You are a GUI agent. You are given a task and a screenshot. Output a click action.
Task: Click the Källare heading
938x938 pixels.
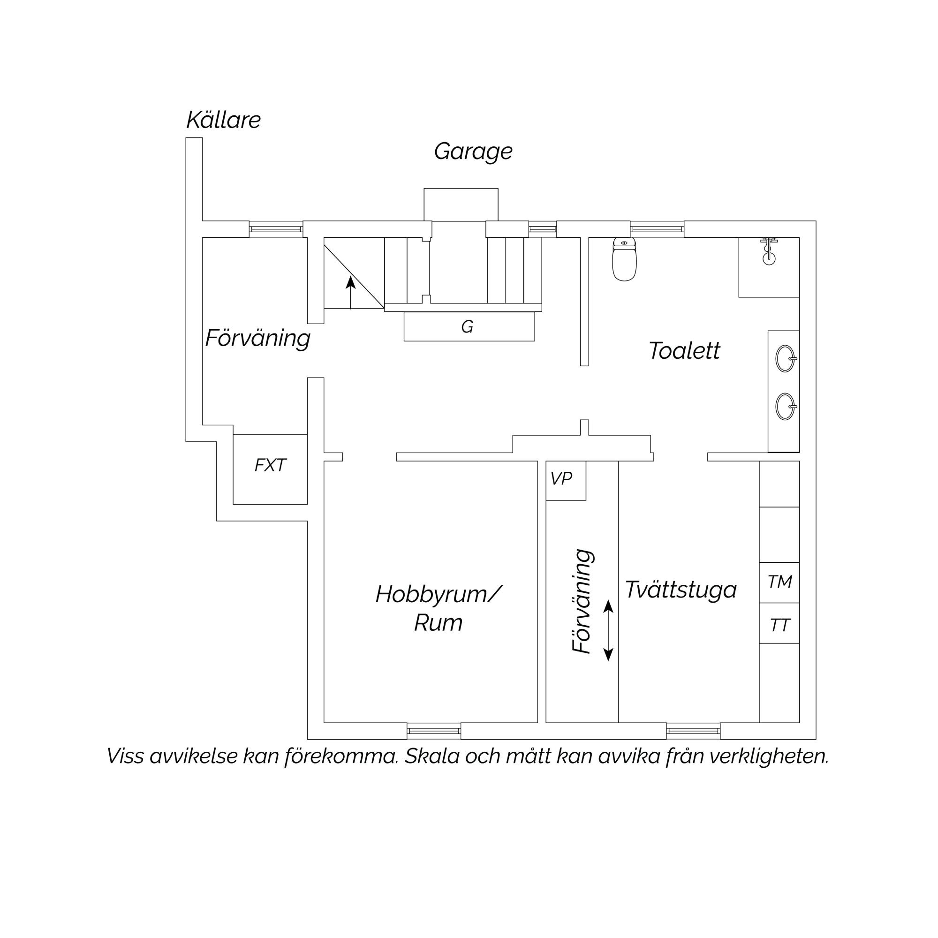224,120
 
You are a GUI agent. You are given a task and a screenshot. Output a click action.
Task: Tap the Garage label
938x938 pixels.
473,151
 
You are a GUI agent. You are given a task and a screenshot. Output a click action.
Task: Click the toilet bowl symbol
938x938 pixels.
624,260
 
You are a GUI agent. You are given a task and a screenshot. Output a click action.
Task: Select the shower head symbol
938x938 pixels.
769,251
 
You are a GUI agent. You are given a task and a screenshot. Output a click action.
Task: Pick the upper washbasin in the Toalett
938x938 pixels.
786,358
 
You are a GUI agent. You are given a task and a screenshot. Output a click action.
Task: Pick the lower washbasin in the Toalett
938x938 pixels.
786,406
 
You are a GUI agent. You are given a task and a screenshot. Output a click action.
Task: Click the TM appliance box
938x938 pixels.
779,582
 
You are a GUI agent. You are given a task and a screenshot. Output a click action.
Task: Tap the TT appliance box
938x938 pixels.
779,623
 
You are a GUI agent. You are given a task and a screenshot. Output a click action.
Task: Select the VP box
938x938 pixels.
566,480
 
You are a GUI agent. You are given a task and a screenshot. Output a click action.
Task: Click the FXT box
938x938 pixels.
270,469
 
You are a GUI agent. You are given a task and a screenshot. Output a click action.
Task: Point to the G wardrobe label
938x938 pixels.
467,327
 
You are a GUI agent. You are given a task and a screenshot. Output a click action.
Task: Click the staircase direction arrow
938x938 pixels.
350,292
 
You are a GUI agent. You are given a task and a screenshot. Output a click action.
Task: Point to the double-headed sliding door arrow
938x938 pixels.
608,630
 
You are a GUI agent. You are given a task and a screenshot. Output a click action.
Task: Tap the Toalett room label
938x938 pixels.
684,350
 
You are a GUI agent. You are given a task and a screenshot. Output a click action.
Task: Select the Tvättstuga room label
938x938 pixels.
681,590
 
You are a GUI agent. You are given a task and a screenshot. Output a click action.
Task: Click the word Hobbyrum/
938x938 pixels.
439,594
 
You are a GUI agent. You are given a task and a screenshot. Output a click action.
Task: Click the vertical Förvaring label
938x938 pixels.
582,602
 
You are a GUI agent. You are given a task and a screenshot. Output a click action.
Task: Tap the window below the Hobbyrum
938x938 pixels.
433,731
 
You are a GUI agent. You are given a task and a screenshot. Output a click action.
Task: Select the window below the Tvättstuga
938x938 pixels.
693,731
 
